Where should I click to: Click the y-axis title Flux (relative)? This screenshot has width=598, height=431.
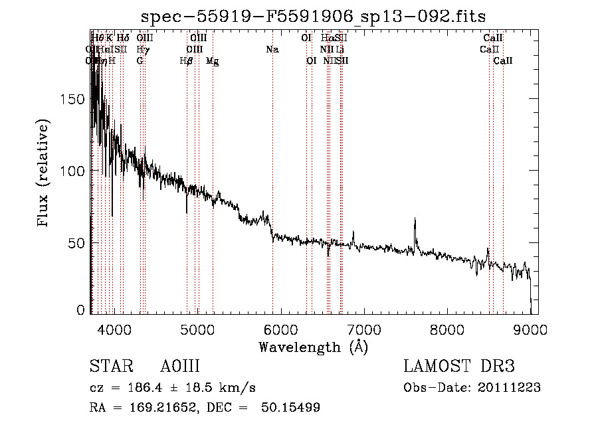coord(44,174)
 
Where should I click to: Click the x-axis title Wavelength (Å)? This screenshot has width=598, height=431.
coord(313,347)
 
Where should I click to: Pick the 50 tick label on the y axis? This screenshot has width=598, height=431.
coord(77,242)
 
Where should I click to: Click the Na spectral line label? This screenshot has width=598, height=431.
coord(272,49)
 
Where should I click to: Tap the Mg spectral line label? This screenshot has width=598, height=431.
coord(213,60)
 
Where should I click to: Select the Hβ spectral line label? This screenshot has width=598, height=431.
coord(187,60)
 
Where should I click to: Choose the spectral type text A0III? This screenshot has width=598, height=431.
coord(180,367)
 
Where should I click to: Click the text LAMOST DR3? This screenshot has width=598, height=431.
coord(459,367)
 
